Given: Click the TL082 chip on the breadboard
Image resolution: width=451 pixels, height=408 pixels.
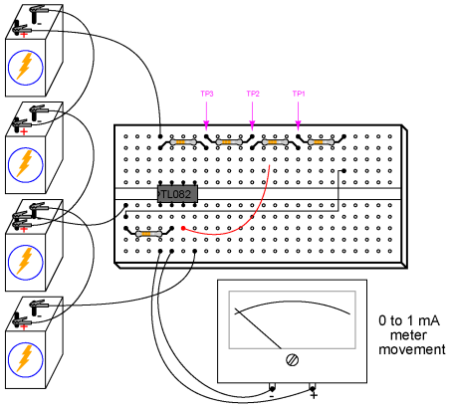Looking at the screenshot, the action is (177, 194).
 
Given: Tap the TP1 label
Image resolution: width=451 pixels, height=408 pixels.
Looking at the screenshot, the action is (299, 94).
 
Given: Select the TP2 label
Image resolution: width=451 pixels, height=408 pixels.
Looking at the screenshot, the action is (253, 94).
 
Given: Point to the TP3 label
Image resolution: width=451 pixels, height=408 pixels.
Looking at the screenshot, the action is (207, 94).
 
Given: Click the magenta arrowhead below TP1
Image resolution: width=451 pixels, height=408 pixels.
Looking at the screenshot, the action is (298, 126).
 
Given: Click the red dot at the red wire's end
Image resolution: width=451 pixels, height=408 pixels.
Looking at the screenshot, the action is (183, 228).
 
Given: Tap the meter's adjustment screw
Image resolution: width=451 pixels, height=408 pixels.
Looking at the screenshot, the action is (292, 360).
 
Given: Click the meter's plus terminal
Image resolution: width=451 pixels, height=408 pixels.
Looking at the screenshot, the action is (312, 388).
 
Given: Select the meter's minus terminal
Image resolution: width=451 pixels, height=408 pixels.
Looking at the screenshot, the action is (272, 388).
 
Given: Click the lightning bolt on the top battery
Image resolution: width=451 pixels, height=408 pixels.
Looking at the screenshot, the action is (25, 67).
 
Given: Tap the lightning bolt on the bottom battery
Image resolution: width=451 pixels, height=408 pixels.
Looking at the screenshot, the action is (25, 359).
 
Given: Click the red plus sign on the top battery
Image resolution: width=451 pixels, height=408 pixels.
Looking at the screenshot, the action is (24, 35).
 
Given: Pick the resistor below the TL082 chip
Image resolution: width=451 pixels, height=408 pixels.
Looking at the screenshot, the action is (148, 234).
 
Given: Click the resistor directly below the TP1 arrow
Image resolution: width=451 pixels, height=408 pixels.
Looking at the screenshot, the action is (321, 142).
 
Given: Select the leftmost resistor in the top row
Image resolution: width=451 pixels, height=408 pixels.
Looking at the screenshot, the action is (183, 142).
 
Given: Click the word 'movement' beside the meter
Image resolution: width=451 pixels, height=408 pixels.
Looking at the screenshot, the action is (412, 349).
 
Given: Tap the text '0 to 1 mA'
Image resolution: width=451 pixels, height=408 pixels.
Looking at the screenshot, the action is (409, 320).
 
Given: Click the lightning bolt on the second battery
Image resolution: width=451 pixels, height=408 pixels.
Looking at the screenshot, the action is (25, 164).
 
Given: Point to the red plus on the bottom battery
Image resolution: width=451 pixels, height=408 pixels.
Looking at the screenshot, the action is (24, 327).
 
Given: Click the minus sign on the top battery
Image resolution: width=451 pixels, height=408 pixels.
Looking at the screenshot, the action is (39, 24).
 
